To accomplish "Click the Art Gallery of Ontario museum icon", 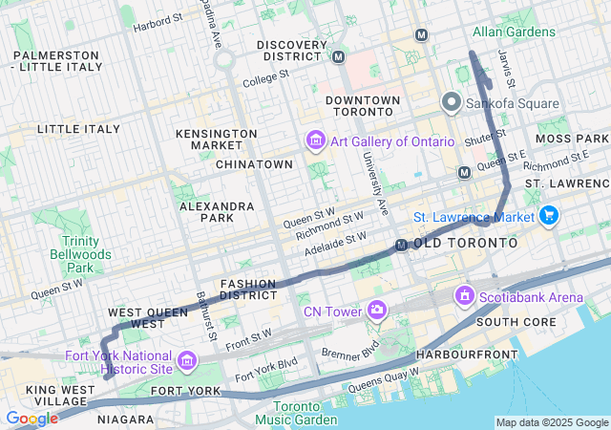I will (315, 141).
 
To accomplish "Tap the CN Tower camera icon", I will (378, 311).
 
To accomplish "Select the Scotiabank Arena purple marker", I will (465, 297).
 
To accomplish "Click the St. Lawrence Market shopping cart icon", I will (548, 217).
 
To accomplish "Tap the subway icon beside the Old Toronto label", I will (403, 246).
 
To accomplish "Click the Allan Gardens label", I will (514, 32).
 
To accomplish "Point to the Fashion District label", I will (248, 290).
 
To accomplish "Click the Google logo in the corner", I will (32, 418).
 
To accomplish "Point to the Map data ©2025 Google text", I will (551, 422).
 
